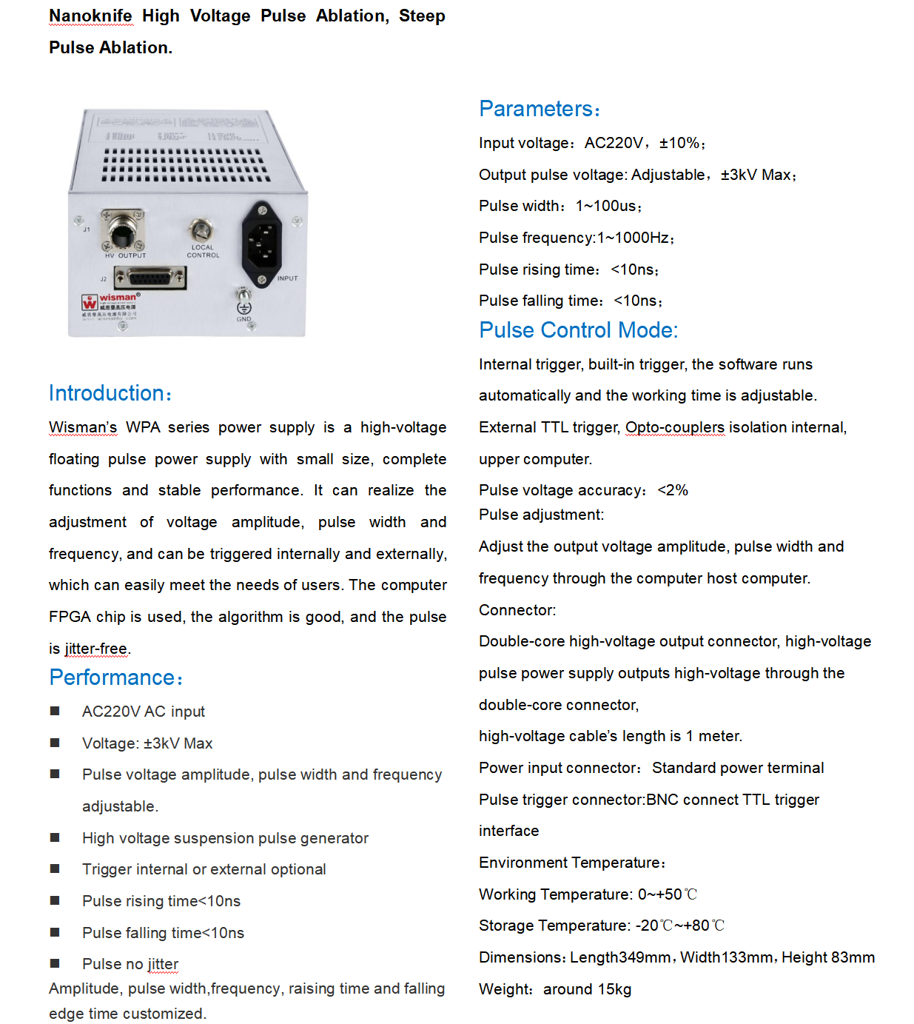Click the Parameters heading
click(538, 109)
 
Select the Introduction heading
click(109, 393)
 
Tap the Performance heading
click(115, 677)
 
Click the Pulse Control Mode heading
click(578, 330)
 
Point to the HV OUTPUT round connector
click(122, 231)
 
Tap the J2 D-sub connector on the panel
click(150, 278)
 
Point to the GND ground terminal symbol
click(243, 307)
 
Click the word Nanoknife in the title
click(90, 16)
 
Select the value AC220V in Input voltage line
click(614, 143)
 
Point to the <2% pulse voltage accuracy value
click(673, 490)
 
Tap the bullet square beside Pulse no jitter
click(55, 963)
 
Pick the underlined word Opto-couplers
click(674, 427)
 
